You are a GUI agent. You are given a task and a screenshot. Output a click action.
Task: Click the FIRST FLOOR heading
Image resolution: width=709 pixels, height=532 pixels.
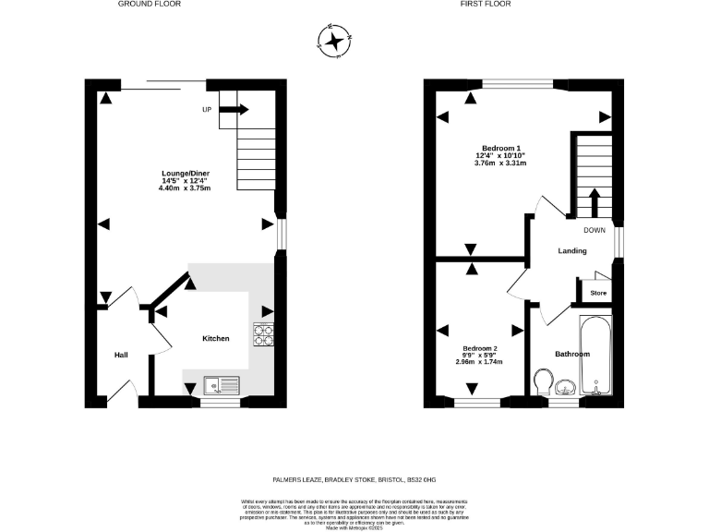486,5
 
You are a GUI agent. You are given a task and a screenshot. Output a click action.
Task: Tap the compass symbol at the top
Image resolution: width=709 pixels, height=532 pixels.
333,41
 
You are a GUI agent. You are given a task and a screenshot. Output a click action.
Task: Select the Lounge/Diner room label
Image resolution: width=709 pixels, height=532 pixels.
185,173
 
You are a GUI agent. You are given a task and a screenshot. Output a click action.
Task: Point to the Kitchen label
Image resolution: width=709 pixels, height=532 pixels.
215,339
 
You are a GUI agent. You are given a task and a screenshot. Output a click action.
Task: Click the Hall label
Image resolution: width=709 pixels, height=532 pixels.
121,355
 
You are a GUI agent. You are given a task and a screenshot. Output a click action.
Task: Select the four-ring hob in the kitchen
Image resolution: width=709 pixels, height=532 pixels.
264,334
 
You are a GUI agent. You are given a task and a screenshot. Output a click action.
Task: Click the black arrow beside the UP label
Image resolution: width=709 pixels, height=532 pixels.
234,110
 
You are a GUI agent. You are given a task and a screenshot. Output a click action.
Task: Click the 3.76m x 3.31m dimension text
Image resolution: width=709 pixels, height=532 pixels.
499,163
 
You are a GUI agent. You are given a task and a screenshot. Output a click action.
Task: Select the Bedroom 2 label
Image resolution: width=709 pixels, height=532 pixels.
480,347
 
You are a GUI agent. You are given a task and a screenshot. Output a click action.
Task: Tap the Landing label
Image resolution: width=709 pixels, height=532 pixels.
572,251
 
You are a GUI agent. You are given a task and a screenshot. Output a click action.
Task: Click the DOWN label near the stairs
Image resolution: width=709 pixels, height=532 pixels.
594,230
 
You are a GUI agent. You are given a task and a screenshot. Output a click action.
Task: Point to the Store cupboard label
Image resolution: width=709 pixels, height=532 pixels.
598,294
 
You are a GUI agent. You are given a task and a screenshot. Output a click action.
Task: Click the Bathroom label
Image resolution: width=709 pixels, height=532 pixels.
571,354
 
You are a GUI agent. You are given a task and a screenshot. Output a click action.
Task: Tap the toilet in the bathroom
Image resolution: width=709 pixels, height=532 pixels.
544,381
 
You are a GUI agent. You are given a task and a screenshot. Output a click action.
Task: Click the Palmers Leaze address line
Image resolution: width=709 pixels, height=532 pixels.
354,478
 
